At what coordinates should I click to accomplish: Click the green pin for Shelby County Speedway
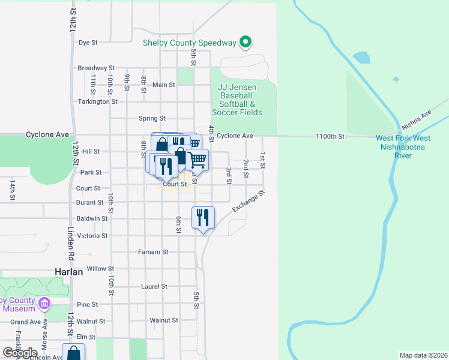click(245, 42)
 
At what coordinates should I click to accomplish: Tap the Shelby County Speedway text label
click(190, 43)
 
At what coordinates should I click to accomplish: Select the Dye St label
click(88, 43)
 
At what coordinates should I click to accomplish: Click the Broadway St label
click(96, 68)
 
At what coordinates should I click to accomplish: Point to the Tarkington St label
click(98, 101)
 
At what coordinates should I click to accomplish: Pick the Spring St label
click(152, 118)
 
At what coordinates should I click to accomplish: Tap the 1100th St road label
click(330, 137)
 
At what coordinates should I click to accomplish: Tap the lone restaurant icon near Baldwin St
click(203, 217)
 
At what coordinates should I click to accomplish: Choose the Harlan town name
click(68, 271)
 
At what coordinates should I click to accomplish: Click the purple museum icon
click(43, 304)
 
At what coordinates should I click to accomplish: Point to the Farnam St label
click(153, 252)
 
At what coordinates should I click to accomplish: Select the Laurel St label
click(154, 287)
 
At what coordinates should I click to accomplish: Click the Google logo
click(20, 353)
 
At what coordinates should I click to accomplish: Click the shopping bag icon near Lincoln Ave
click(73, 353)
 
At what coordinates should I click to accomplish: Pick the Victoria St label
click(92, 236)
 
